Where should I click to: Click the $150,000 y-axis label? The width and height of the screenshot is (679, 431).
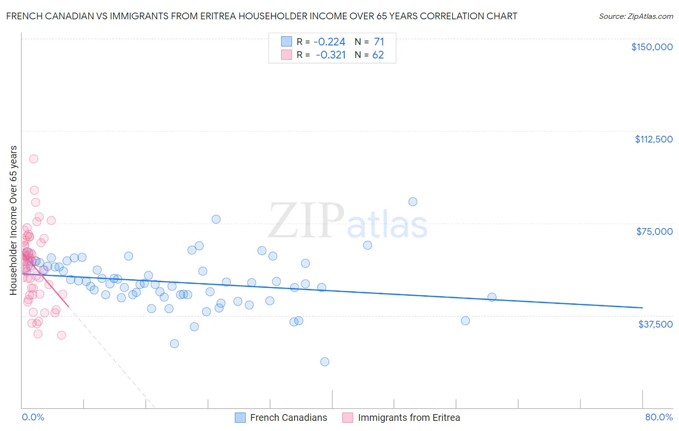(651, 47)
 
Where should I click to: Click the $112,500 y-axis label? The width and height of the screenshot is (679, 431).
(653, 139)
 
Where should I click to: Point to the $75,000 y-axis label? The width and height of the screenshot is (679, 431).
(654, 231)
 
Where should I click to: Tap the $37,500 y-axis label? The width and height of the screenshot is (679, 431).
(655, 324)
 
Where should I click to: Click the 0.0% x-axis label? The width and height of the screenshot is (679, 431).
(33, 417)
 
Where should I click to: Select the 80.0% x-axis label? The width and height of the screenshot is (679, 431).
(659, 417)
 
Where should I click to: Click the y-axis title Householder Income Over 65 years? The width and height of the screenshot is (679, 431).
(13, 220)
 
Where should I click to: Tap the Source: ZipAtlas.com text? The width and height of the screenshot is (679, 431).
(636, 16)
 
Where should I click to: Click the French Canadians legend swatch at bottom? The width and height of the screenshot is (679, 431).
(240, 417)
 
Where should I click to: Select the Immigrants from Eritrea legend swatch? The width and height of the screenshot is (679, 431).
(348, 417)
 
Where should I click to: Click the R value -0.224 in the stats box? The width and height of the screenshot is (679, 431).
(329, 42)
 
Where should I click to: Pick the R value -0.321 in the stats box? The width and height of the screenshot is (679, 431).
(330, 55)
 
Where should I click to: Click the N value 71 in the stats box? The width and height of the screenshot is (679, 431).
(379, 42)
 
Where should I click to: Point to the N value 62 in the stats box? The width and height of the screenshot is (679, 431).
(378, 55)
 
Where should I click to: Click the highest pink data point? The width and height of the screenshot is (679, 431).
(34, 158)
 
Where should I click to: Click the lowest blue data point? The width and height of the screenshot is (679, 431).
(325, 362)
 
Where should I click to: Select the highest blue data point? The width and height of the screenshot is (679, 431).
(413, 201)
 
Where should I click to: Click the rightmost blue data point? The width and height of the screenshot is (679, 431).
(492, 297)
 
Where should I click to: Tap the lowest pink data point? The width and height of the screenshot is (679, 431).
(61, 335)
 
